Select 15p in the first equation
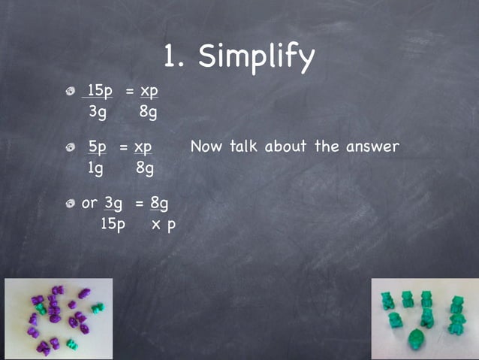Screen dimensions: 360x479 click(100, 91)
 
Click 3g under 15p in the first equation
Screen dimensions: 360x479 click(98, 113)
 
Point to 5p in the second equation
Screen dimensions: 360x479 click(98, 147)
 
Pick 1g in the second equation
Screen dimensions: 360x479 click(95, 169)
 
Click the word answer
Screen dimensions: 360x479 click(372, 147)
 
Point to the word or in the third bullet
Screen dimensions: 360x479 click(89, 203)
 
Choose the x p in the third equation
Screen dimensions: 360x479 click(162, 225)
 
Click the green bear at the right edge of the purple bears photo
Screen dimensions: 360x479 click(98, 307)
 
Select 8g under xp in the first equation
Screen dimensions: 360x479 click(148, 113)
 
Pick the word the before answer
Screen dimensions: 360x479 click(327, 147)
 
